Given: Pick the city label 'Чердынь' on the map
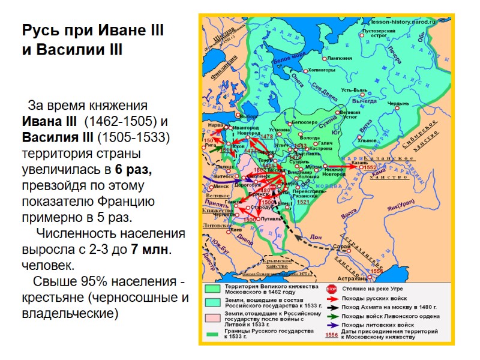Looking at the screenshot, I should [398, 103].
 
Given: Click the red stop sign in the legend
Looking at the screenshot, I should [331, 289].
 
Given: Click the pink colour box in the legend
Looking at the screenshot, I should [212, 317].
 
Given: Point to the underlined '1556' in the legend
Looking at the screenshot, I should [331, 335].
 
